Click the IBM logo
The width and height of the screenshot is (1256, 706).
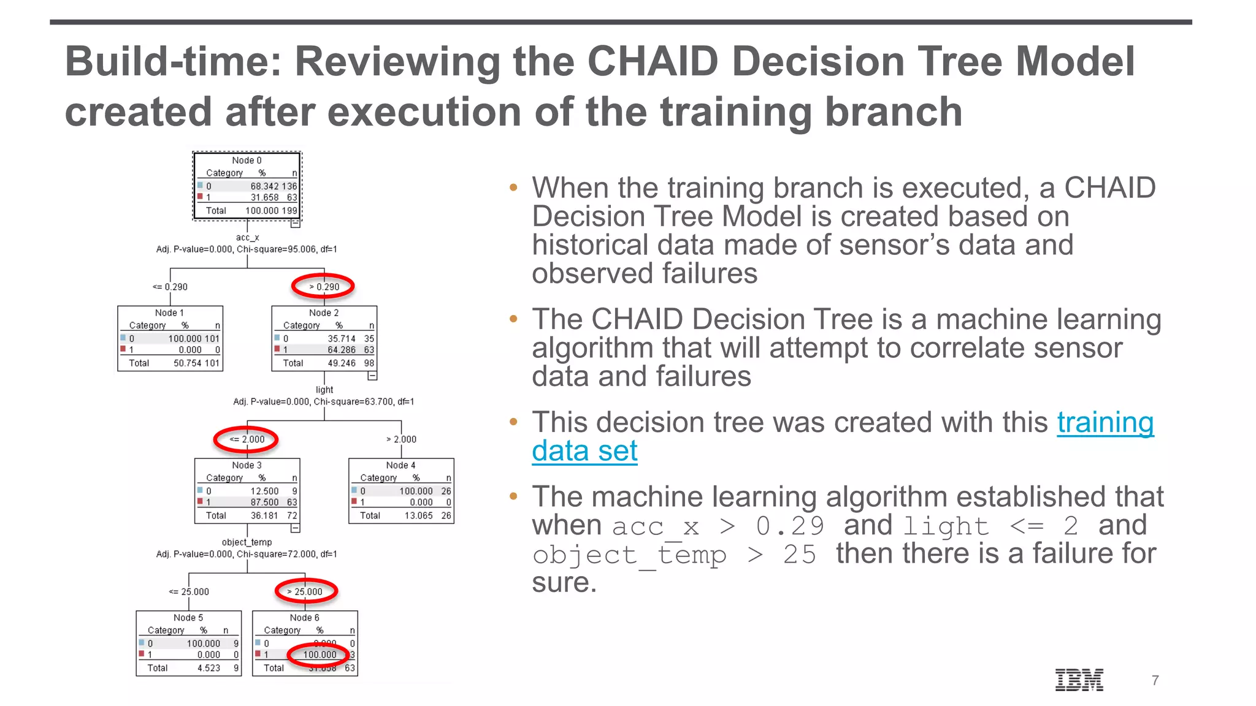pos(1079,680)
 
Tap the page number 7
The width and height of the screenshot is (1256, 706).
pos(1155,680)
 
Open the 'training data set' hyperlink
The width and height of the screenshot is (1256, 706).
pos(1105,423)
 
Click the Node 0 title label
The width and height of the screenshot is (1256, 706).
pos(247,161)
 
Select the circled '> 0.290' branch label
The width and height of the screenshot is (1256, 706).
pos(324,286)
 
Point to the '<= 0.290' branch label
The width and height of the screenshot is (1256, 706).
pos(170,287)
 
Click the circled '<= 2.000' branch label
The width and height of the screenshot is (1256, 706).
pos(247,439)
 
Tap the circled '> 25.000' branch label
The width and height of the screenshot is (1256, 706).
pos(305,591)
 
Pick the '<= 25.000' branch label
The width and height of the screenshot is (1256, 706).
pos(189,591)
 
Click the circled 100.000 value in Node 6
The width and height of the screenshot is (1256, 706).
pos(320,655)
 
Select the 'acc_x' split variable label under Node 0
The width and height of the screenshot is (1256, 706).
pos(247,237)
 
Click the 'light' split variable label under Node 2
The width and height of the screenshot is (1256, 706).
pos(324,390)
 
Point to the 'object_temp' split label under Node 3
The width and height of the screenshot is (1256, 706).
pos(247,542)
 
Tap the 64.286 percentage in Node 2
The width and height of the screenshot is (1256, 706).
pos(341,350)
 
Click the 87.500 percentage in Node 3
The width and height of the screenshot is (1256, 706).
pos(264,502)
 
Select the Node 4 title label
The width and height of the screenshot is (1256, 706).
pos(400,465)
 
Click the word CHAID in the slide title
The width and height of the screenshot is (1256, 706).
pos(653,61)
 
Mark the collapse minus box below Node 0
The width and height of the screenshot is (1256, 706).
pos(295,223)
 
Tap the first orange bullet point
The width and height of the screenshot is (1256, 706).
pos(513,188)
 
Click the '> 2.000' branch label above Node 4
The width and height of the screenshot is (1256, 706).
pos(401,439)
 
